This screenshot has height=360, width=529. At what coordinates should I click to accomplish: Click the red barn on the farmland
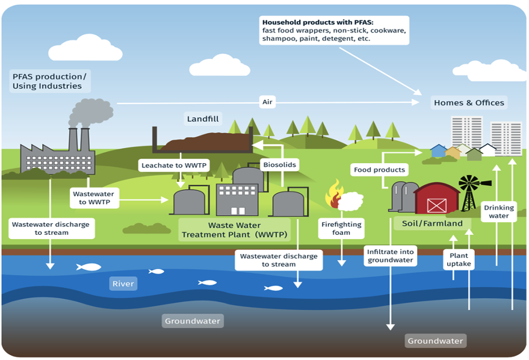(436, 199)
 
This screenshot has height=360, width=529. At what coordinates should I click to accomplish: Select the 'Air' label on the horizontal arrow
(267, 102)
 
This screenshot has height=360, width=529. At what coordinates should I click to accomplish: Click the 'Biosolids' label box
(280, 165)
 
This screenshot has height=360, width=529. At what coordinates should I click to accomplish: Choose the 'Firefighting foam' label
(341, 228)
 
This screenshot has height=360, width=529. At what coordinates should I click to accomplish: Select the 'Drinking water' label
(499, 211)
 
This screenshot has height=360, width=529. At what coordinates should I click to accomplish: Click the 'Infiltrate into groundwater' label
(390, 256)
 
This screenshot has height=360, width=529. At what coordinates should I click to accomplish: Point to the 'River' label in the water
(123, 284)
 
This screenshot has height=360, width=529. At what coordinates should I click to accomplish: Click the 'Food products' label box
(379, 170)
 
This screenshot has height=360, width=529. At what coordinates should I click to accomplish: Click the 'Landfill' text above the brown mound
(203, 119)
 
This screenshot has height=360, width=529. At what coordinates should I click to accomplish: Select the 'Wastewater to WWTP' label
(93, 198)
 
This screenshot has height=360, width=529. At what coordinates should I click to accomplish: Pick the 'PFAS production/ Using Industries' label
(49, 81)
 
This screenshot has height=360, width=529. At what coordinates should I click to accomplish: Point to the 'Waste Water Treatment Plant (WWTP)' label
(234, 230)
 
